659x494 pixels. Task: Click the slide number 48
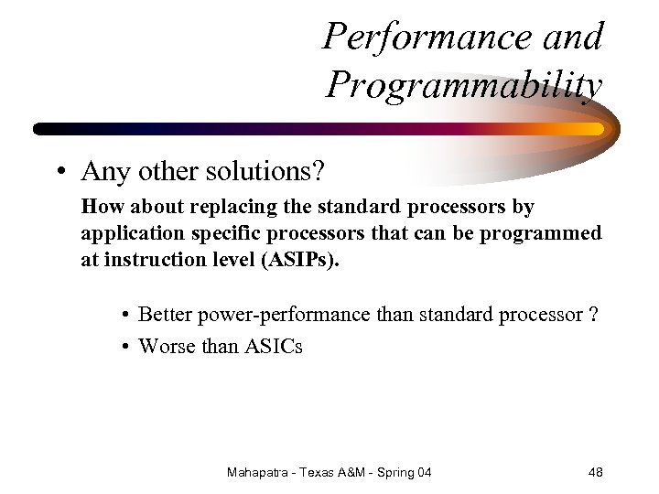[595, 472]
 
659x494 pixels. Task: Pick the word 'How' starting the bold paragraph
[99, 207]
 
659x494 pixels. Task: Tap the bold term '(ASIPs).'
[299, 260]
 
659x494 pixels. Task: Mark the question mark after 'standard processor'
[594, 315]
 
